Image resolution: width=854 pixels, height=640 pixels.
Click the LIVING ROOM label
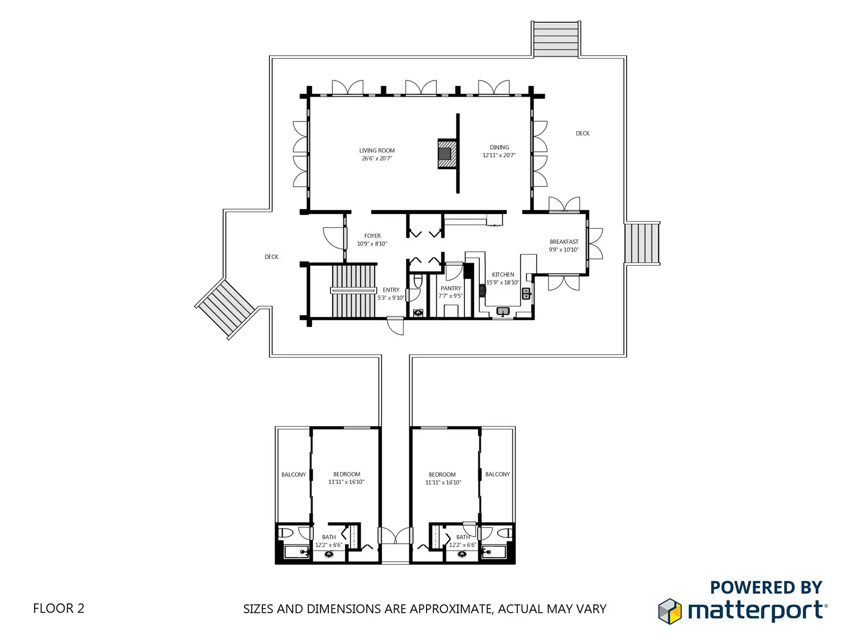click(377, 151)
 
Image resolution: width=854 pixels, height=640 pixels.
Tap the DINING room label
click(499, 148)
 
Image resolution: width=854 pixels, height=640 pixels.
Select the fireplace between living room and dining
click(447, 153)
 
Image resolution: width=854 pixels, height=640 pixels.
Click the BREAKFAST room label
click(564, 242)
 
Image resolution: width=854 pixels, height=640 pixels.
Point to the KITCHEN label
click(503, 275)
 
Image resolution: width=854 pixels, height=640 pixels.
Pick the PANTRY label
click(451, 288)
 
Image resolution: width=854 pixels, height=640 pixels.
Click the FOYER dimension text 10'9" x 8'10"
click(372, 244)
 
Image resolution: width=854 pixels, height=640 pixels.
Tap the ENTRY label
click(391, 290)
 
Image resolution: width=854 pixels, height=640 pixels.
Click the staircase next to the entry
click(354, 291)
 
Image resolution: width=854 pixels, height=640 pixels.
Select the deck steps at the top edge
click(556, 39)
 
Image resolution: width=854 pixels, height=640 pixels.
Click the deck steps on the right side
click(642, 243)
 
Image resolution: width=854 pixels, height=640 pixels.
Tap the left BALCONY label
click(294, 475)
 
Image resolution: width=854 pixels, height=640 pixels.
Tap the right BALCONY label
click(497, 474)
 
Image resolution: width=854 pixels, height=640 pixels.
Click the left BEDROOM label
click(347, 474)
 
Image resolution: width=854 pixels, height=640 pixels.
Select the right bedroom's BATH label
click(463, 537)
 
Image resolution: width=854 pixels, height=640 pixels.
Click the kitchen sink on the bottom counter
click(503, 312)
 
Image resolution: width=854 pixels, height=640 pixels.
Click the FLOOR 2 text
click(59, 608)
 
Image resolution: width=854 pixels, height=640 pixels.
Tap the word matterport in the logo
click(755, 611)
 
